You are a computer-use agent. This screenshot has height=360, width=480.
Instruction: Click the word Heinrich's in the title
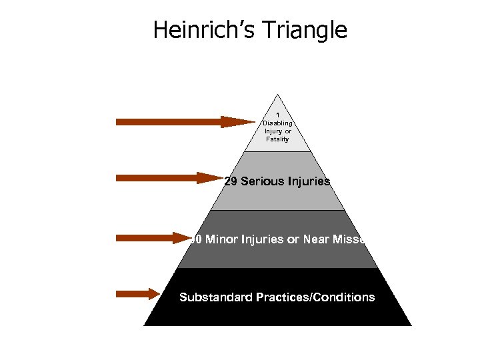point(203,30)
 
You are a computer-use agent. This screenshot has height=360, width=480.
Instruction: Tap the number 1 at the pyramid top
point(277,115)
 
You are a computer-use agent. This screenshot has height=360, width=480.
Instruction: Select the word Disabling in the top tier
point(277,123)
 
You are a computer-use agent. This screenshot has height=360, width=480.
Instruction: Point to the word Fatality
point(277,139)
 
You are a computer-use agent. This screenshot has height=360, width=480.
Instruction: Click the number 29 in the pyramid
point(231,181)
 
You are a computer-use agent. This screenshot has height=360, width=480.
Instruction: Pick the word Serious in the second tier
point(262,181)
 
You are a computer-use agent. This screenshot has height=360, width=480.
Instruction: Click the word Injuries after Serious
point(308,181)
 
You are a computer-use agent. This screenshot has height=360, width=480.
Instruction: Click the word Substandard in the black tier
point(215,297)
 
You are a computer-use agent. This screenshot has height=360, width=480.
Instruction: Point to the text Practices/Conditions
point(315,297)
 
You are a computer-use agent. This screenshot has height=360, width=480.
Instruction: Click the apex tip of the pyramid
point(277,94)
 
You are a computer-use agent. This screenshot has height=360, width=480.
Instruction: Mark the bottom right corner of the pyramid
point(411,325)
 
